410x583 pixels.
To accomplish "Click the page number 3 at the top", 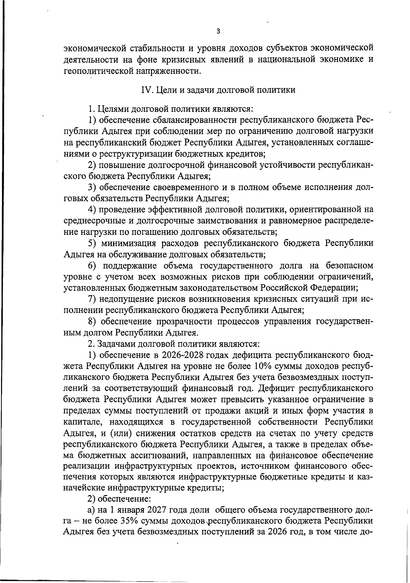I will click(x=219, y=31).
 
